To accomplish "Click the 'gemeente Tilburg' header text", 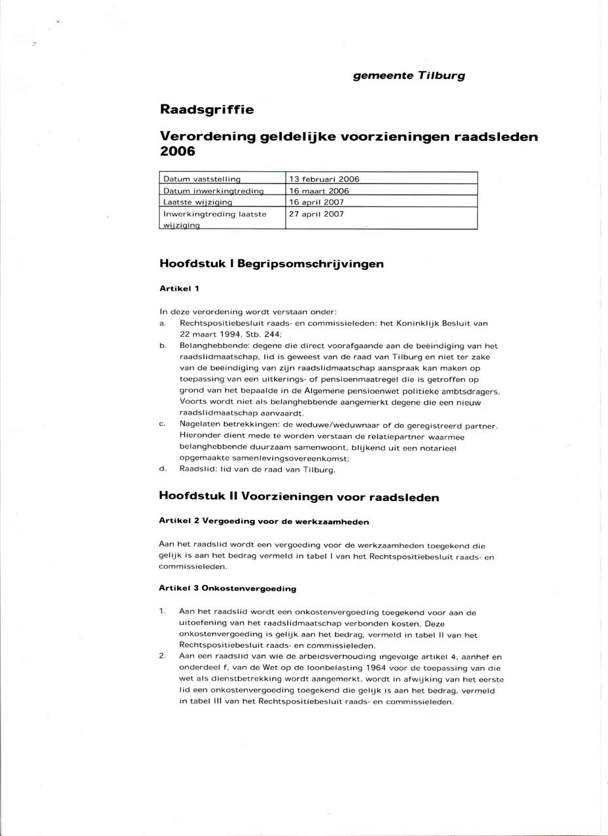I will (x=409, y=76).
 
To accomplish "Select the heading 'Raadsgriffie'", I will (x=207, y=110).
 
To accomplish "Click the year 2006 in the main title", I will (x=178, y=152).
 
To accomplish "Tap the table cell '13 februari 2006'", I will (x=324, y=179).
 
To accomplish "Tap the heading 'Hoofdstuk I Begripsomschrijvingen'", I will (x=271, y=264).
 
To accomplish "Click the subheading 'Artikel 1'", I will (x=179, y=287).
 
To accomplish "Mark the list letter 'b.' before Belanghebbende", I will (x=162, y=346).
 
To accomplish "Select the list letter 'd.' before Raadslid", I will (x=162, y=469).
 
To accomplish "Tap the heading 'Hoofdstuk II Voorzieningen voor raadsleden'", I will (x=299, y=496).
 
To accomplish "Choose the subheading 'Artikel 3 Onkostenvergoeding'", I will (x=228, y=588).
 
